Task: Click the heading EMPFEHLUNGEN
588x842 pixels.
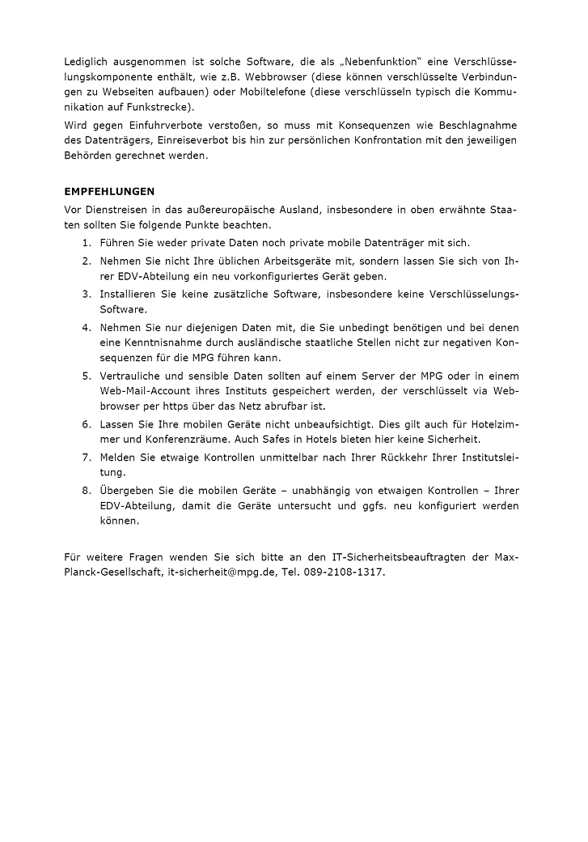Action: point(109,192)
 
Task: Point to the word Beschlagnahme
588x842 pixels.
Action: point(477,125)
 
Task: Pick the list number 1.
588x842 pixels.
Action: point(86,242)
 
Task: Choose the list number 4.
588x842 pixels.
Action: point(86,327)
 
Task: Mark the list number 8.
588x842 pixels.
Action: point(86,491)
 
